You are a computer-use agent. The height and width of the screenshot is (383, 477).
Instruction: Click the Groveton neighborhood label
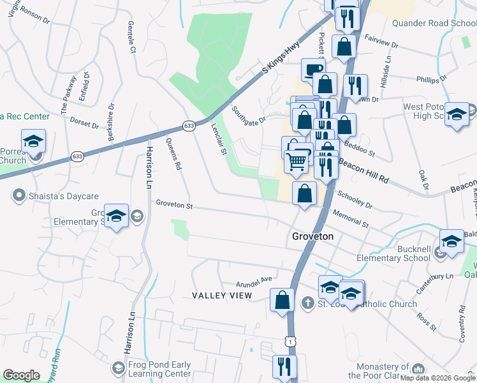(312, 236)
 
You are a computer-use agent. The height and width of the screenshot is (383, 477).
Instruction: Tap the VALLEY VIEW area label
(223, 296)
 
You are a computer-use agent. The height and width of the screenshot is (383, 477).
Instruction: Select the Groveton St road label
(174, 205)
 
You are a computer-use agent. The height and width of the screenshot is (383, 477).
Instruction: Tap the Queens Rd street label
(173, 154)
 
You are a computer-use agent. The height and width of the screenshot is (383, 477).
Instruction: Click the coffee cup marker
(312, 69)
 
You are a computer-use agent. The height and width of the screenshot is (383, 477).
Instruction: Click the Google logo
(22, 375)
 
